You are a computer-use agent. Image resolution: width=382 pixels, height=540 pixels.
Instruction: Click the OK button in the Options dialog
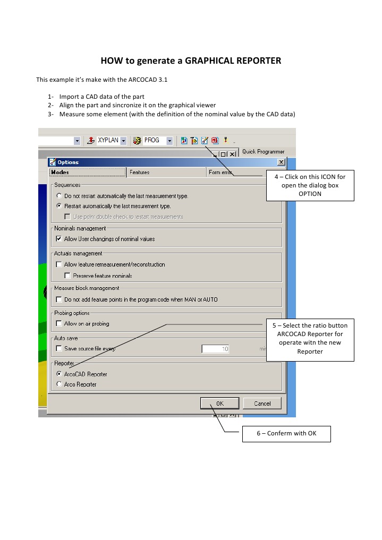(220, 404)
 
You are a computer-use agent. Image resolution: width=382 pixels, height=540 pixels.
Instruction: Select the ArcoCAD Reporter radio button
(59, 374)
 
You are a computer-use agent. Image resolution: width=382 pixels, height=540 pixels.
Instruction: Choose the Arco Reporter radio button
(59, 384)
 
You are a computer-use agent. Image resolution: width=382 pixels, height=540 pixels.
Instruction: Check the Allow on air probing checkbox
(59, 323)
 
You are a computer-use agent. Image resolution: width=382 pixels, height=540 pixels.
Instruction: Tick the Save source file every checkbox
(59, 349)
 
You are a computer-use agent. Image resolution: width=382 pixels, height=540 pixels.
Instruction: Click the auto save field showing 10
(216, 349)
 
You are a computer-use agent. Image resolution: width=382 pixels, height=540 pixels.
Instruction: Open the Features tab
(140, 172)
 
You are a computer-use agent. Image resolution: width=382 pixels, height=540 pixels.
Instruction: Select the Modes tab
(60, 172)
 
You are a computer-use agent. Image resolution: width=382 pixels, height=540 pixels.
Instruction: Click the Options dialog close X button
(281, 162)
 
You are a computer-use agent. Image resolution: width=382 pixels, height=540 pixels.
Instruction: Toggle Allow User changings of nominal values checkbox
(59, 239)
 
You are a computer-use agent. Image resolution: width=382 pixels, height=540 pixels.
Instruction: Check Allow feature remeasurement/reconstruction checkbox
(59, 264)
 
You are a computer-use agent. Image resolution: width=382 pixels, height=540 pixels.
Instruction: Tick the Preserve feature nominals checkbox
(67, 276)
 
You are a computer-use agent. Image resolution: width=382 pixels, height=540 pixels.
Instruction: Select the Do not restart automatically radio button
(59, 196)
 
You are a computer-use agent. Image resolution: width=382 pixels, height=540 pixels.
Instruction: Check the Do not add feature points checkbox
(59, 299)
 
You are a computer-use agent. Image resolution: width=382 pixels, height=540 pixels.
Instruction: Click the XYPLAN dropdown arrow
(123, 141)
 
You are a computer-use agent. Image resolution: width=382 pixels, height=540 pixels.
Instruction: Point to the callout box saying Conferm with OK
(286, 433)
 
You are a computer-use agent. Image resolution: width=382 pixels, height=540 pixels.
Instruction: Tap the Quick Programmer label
(263, 152)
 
